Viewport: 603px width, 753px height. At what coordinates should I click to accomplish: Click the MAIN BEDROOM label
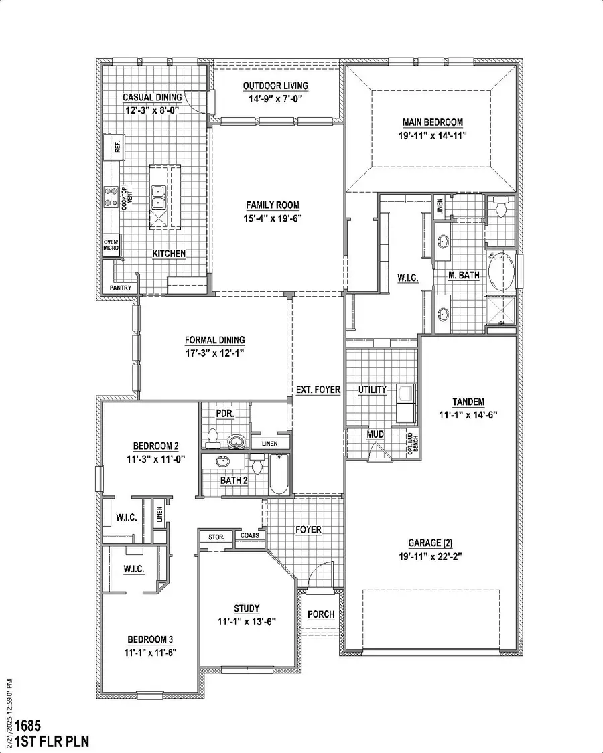pyautogui.click(x=432, y=122)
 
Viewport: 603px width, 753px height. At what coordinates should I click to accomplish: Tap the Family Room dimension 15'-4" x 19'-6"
pyautogui.click(x=272, y=218)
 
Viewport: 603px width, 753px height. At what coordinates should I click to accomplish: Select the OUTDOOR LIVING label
pyautogui.click(x=275, y=86)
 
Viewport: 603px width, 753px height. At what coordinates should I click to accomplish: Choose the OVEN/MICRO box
pyautogui.click(x=111, y=245)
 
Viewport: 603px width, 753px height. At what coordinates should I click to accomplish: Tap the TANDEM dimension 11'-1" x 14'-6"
pyautogui.click(x=468, y=414)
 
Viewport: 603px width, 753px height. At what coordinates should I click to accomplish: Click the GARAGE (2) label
pyautogui.click(x=426, y=543)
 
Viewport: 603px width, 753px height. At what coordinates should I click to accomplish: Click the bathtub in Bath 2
pyautogui.click(x=278, y=475)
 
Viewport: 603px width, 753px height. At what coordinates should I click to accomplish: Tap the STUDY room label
pyautogui.click(x=247, y=608)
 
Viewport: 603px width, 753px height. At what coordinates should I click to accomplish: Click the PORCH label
pyautogui.click(x=321, y=614)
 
